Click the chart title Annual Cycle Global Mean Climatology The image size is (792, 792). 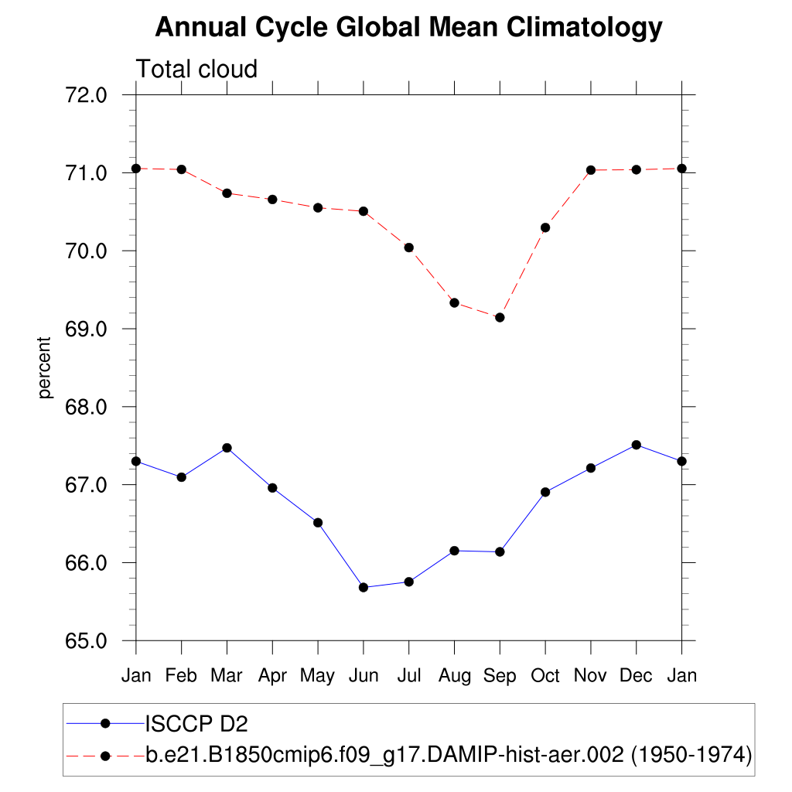click(408, 28)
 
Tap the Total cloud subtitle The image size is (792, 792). click(196, 70)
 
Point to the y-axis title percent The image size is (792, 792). click(45, 367)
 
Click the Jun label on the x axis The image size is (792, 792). click(364, 677)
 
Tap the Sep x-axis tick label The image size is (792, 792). click(500, 677)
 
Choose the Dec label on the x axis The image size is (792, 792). click(636, 677)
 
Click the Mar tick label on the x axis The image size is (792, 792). click(227, 677)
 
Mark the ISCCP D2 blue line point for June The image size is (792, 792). click(364, 588)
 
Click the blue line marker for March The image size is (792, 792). click(227, 448)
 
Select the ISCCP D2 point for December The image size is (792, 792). click(637, 445)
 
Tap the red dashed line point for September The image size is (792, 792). click(500, 317)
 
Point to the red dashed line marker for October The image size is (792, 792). click(545, 227)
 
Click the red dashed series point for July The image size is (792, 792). click(409, 247)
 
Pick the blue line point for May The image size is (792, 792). click(318, 523)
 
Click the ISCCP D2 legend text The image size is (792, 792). click(196, 724)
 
